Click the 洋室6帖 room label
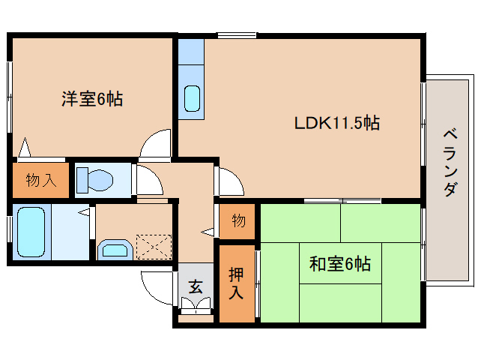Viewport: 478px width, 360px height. [x=92, y=98]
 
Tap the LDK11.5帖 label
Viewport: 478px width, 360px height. [x=336, y=123]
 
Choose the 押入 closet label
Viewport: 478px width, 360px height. [x=235, y=283]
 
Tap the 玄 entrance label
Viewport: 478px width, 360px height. [x=196, y=286]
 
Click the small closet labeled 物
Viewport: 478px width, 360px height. [x=238, y=221]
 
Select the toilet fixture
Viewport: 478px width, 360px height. [x=96, y=179]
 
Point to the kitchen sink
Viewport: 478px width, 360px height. [x=192, y=98]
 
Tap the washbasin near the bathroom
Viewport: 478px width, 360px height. [x=115, y=248]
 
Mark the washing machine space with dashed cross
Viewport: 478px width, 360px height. [x=154, y=246]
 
